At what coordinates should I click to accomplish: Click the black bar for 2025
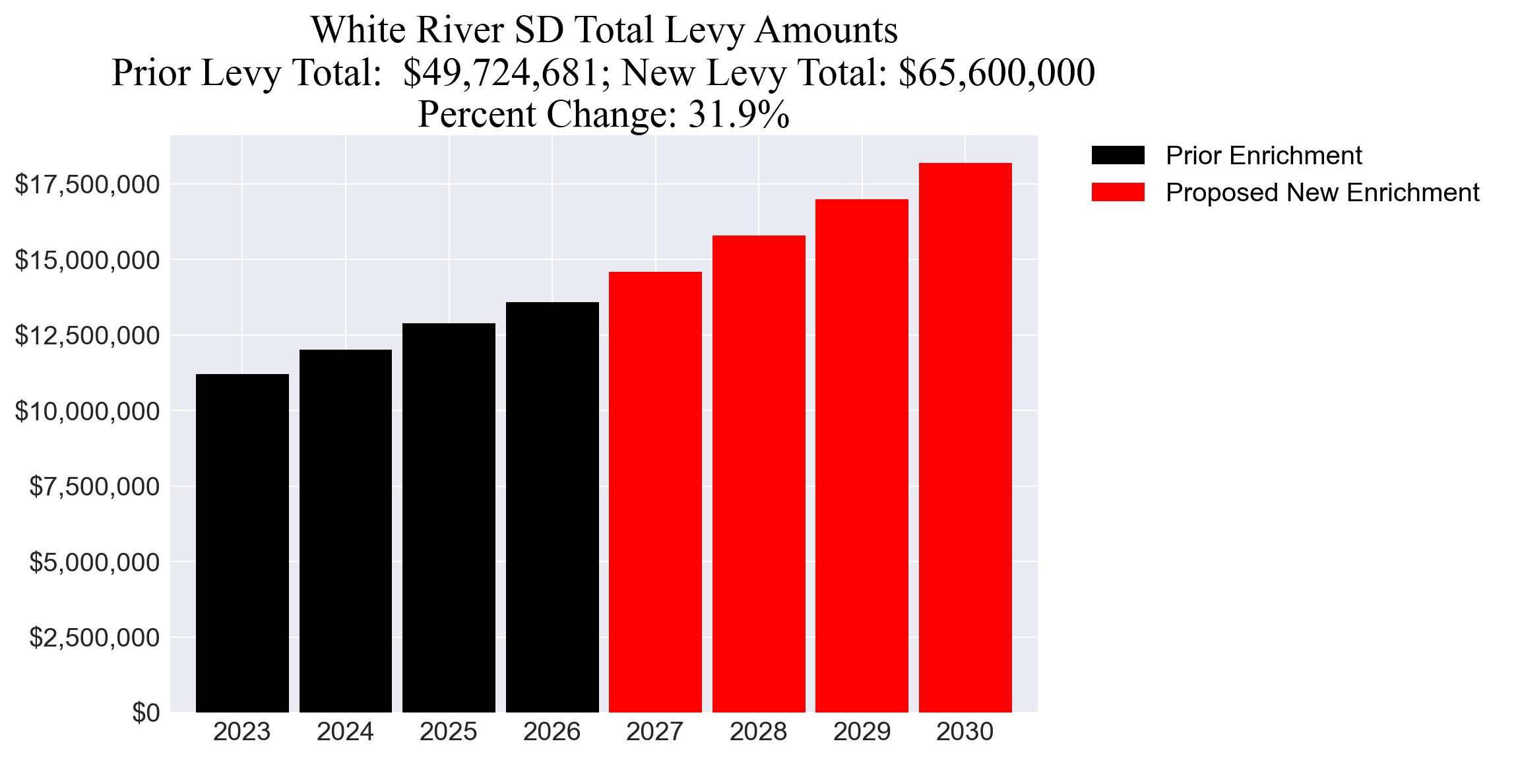[x=449, y=518]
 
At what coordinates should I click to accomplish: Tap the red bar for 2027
[x=655, y=491]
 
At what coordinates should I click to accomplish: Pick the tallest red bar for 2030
[x=965, y=437]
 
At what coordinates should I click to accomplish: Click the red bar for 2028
[x=759, y=474]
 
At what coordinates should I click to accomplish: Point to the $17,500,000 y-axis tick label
[x=87, y=185]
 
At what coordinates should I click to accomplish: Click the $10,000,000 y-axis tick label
[x=87, y=412]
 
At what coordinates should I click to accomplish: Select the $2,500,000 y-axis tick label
[x=94, y=638]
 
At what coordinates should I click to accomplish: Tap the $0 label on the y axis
[x=146, y=713]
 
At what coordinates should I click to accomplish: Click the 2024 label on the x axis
[x=345, y=732]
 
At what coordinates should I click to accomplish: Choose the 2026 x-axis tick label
[x=552, y=732]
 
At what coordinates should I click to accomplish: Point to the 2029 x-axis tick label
[x=862, y=732]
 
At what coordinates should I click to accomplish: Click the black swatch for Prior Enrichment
[x=1118, y=156]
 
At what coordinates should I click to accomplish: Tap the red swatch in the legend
[x=1118, y=193]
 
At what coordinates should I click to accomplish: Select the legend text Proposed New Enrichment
[x=1322, y=193]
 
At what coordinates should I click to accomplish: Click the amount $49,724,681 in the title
[x=501, y=73]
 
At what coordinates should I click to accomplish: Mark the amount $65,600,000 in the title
[x=996, y=73]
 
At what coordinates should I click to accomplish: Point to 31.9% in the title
[x=739, y=114]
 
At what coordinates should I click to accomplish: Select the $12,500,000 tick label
[x=87, y=336]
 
